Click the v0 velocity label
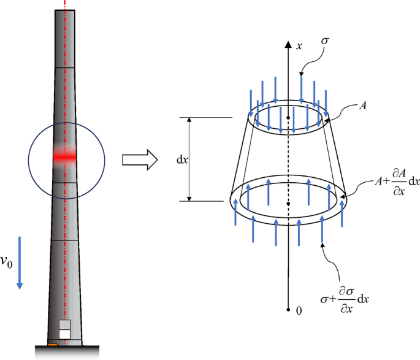click(7, 263)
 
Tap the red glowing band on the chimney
click(64, 158)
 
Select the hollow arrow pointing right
click(139, 159)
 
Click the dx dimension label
click(181, 159)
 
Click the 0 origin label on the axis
click(299, 311)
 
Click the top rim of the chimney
click(64, 12)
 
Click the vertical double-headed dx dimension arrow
click(189, 159)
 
